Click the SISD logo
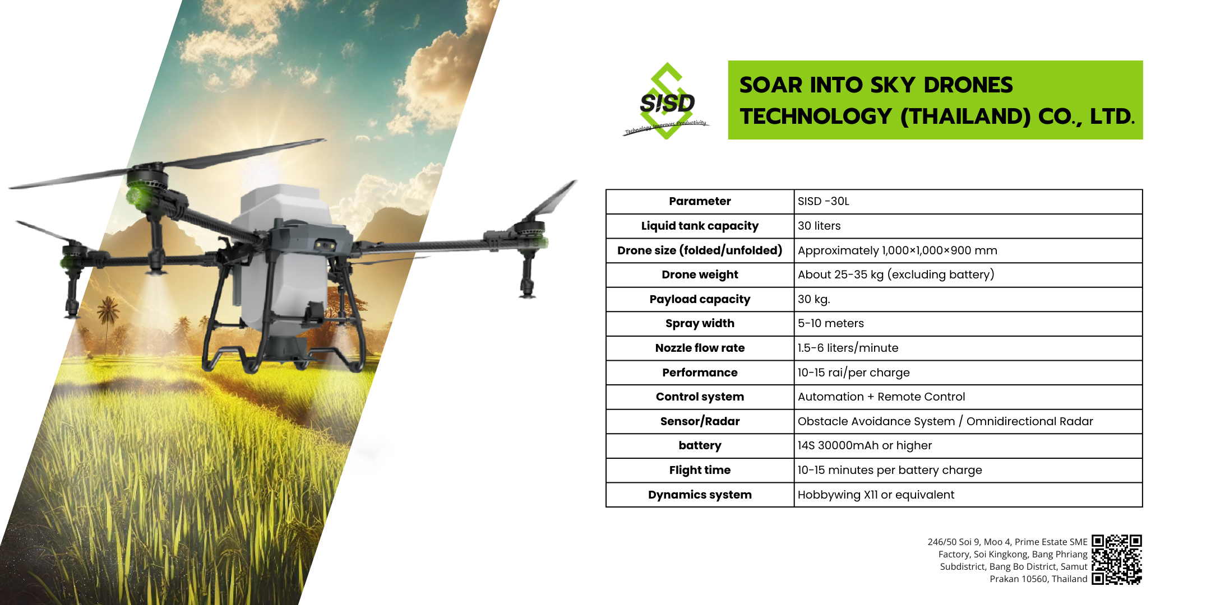pyautogui.click(x=667, y=101)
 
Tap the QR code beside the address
pyautogui.click(x=1117, y=560)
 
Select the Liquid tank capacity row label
pyautogui.click(x=700, y=226)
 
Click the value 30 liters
pyautogui.click(x=819, y=226)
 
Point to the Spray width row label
pyautogui.click(x=700, y=323)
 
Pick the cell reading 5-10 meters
pyautogui.click(x=831, y=323)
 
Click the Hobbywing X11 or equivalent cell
pyautogui.click(x=876, y=495)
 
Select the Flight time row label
pyautogui.click(x=700, y=470)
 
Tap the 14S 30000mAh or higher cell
pyautogui.click(x=865, y=445)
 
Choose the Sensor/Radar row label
pyautogui.click(x=700, y=421)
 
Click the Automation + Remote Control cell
pyautogui.click(x=881, y=397)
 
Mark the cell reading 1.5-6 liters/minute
pyautogui.click(x=848, y=348)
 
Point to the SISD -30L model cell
pyautogui.click(x=824, y=201)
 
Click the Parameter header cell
pyautogui.click(x=700, y=201)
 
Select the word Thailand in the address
pyautogui.click(x=1069, y=579)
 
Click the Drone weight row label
pyautogui.click(x=700, y=274)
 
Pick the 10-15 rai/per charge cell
pyautogui.click(x=854, y=373)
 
